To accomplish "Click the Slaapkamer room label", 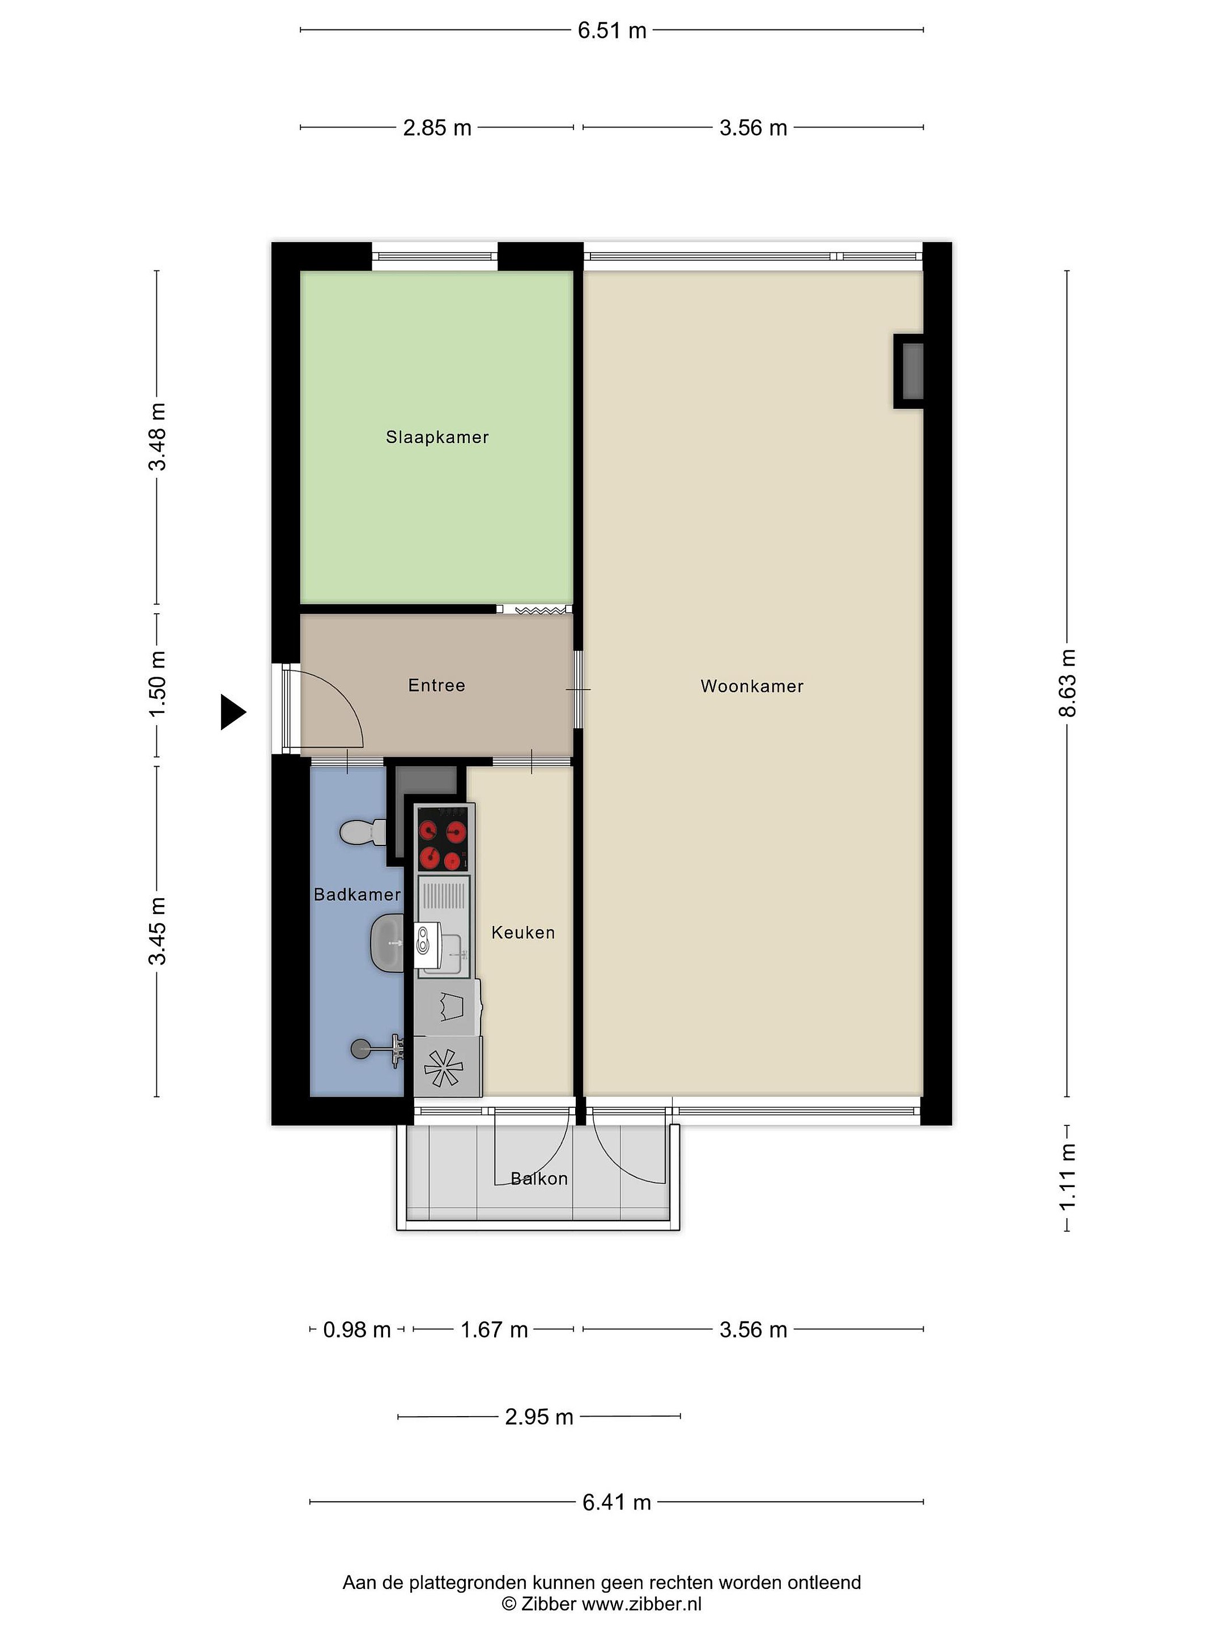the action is click(437, 437).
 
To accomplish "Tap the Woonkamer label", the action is click(752, 686).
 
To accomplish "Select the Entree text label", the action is click(437, 686).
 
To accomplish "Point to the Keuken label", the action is click(523, 933).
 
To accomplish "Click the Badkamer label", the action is click(357, 894).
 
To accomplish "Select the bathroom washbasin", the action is click(386, 942).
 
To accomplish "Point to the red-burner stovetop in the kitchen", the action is click(443, 838).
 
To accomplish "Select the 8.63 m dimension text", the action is click(1067, 683).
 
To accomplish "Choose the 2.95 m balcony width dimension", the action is click(539, 1417).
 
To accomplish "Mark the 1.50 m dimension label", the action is click(157, 684).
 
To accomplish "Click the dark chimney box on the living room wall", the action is click(909, 371).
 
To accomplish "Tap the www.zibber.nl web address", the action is click(642, 1603).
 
